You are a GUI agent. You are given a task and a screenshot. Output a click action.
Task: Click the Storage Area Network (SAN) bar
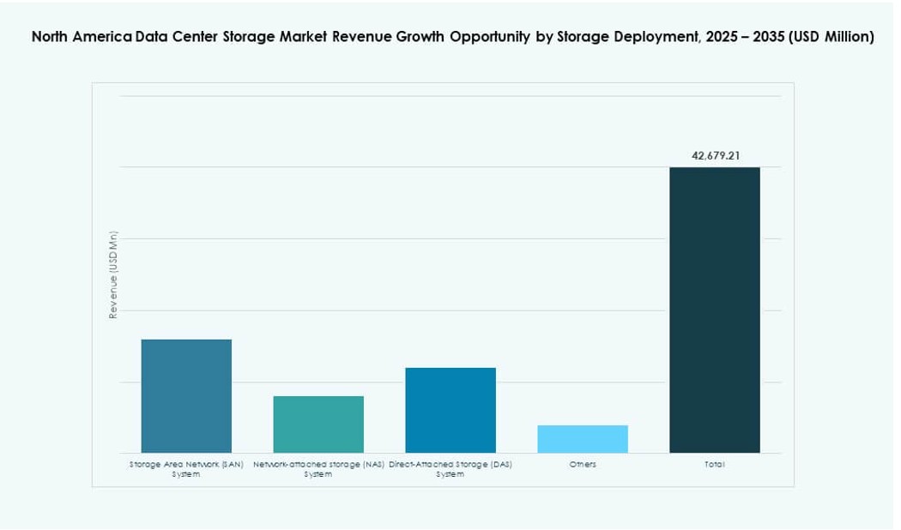[186, 395]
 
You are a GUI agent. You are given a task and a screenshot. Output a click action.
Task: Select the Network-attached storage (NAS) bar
[318, 424]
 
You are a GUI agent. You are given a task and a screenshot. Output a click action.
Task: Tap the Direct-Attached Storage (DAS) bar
[450, 410]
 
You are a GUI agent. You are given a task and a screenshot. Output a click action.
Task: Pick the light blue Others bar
[583, 438]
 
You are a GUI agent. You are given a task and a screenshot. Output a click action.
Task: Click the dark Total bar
[714, 310]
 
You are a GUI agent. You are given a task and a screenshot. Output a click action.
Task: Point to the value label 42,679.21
[715, 156]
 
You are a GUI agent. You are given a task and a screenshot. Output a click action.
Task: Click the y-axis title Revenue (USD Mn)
[113, 275]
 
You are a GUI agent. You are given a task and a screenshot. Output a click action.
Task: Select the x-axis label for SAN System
[186, 468]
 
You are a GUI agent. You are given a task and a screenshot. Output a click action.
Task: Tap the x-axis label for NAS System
[318, 468]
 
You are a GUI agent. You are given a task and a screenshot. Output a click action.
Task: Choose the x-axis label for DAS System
[450, 468]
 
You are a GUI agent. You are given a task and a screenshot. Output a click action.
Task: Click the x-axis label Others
[583, 464]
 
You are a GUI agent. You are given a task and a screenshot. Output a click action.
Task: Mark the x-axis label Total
[714, 464]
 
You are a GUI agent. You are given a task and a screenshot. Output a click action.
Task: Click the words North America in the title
[82, 37]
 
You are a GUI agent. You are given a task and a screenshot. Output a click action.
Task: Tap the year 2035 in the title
[762, 37]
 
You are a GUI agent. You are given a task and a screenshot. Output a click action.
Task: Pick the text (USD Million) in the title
[829, 37]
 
